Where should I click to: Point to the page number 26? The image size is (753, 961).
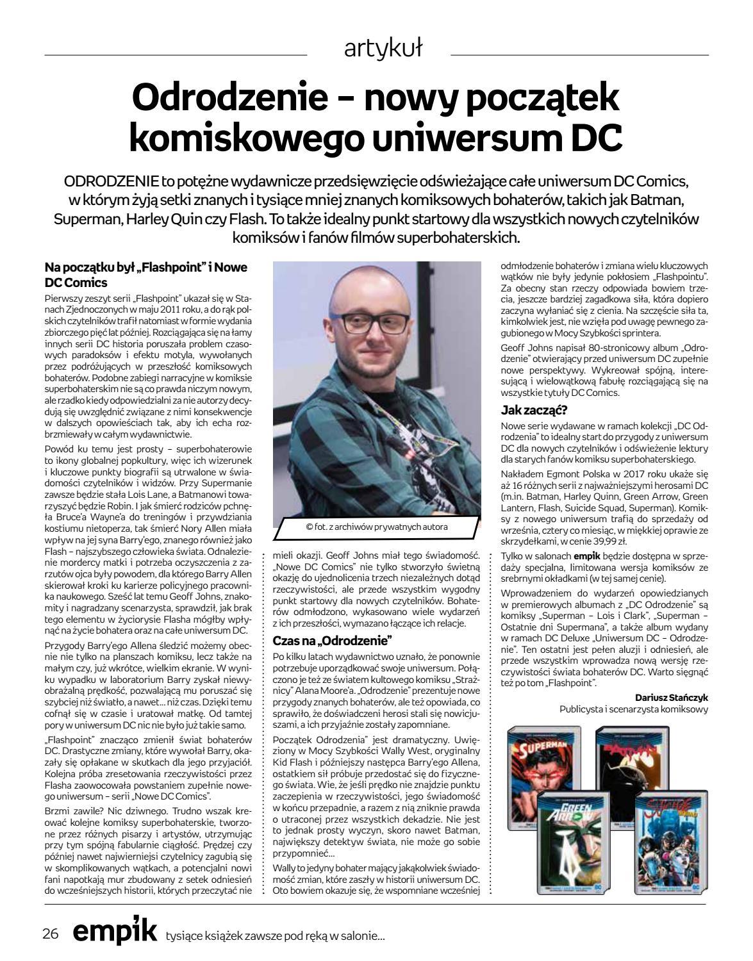(51, 933)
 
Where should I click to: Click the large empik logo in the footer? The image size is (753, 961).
(114, 932)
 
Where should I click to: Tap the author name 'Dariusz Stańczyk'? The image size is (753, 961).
(672, 697)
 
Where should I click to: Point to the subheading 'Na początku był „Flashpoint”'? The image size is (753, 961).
(145, 267)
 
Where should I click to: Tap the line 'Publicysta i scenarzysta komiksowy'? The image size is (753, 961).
(633, 710)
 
